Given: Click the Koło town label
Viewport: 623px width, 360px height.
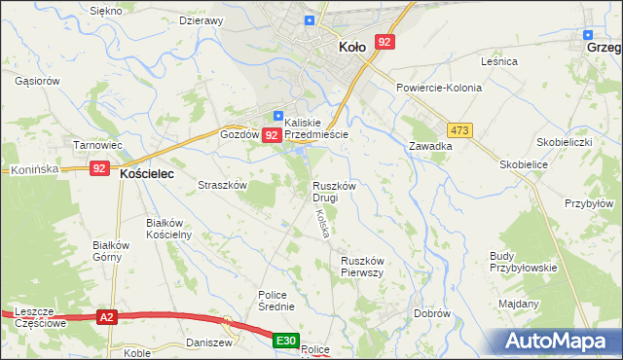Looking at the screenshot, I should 351,46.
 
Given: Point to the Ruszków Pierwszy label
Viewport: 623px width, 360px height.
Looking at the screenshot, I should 365,267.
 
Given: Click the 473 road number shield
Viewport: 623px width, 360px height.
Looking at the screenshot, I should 459,129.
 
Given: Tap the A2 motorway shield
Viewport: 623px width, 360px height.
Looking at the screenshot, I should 107,316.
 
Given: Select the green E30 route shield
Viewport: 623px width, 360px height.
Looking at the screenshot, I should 284,341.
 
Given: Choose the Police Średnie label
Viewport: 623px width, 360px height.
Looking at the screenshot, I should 276,301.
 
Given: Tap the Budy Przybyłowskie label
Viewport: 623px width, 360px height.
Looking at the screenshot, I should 523,262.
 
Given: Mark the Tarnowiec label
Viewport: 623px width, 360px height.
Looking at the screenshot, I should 98,145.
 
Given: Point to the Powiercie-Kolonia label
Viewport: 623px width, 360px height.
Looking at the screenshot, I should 439,88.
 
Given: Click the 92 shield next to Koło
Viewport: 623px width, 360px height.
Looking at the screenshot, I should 385,42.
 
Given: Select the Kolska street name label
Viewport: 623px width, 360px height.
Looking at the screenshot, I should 322,225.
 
